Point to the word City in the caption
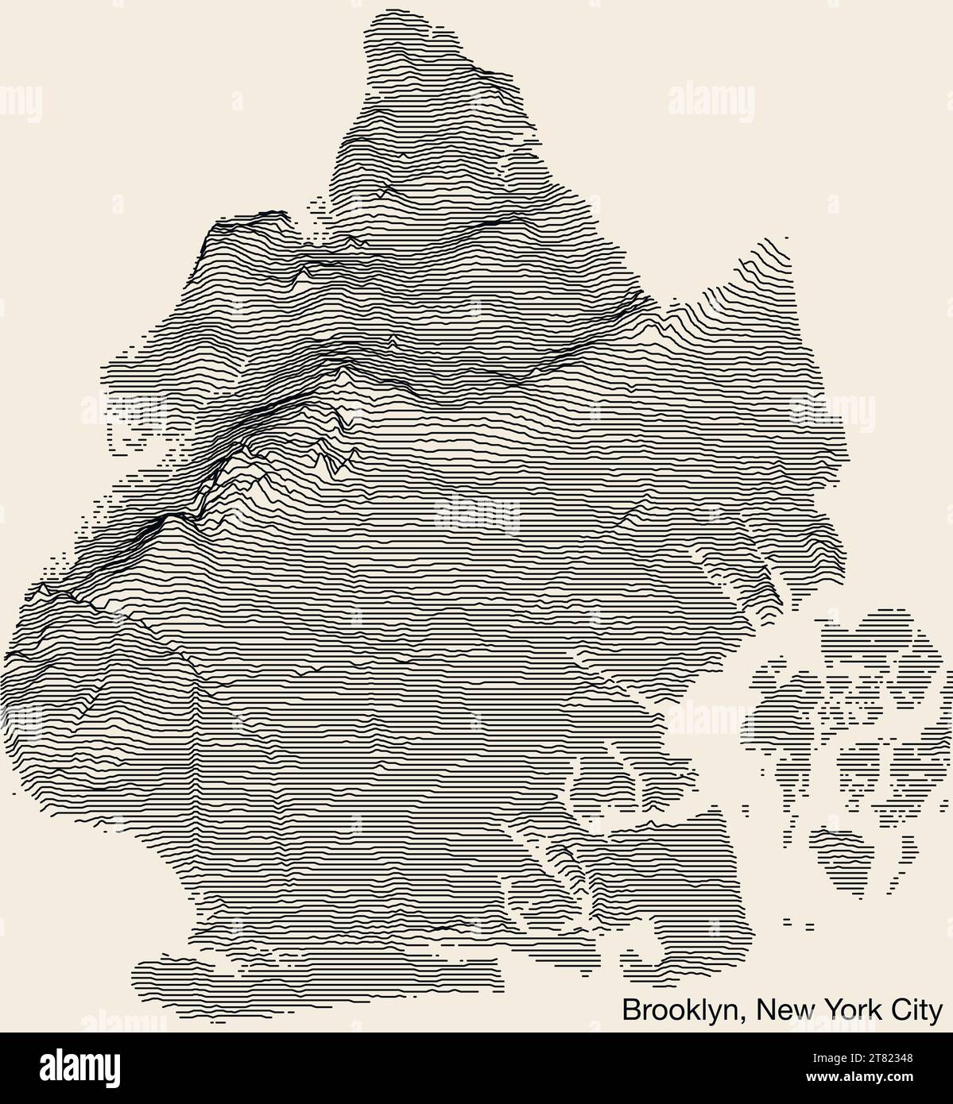pos(917,1010)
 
